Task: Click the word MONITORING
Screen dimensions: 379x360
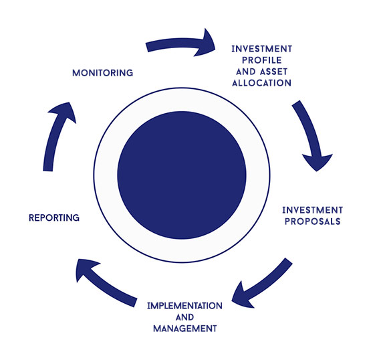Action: (x=103, y=73)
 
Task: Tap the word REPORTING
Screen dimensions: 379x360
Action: (x=54, y=217)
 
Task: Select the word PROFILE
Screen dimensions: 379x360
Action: (x=262, y=60)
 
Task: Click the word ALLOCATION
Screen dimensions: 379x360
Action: (x=262, y=83)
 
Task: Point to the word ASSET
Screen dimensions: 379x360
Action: (x=274, y=72)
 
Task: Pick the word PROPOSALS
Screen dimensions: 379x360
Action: (x=313, y=221)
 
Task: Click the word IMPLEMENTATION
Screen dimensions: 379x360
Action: (x=184, y=306)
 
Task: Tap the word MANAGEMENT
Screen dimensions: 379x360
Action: (x=185, y=329)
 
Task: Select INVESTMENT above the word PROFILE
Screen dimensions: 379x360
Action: (x=262, y=49)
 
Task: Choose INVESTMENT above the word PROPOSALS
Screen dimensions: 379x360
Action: (x=313, y=210)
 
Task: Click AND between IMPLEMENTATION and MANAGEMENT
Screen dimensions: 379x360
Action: (x=184, y=317)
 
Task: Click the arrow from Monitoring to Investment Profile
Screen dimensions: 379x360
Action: (x=179, y=43)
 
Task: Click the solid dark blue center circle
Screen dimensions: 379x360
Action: (x=182, y=175)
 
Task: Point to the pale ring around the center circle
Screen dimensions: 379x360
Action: (x=182, y=100)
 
